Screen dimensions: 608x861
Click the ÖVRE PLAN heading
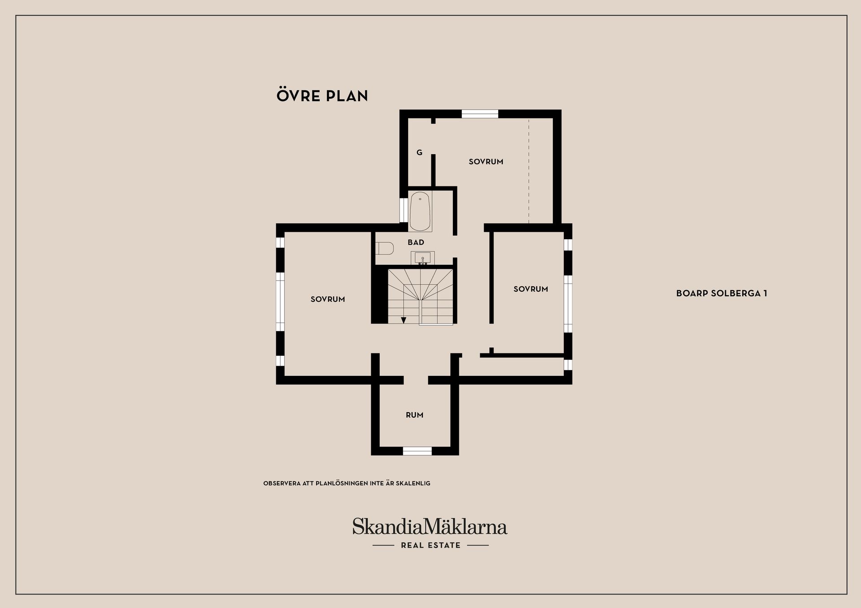point(322,95)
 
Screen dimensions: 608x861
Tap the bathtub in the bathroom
point(420,211)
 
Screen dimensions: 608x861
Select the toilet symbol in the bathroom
point(385,248)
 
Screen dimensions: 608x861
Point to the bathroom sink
point(422,258)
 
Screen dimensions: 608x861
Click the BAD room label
point(416,242)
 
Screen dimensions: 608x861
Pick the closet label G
point(419,152)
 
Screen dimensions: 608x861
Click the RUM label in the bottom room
point(414,415)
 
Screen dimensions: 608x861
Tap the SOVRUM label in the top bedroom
point(486,162)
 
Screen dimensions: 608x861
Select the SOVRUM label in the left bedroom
point(328,299)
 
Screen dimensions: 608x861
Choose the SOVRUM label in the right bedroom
point(531,289)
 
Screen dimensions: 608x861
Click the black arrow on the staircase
point(404,320)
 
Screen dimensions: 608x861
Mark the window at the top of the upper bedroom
point(480,114)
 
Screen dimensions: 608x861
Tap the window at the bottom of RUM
point(417,451)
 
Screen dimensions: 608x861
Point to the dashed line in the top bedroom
point(529,170)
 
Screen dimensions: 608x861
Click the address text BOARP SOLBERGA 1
point(722,293)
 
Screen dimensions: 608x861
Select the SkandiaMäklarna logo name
point(430,527)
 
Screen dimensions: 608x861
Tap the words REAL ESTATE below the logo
point(430,545)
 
